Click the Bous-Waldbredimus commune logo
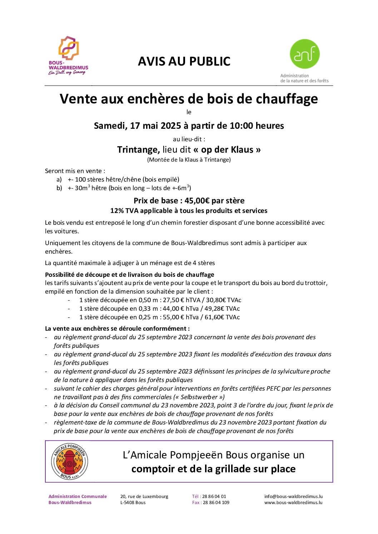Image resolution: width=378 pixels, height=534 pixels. point(68,55)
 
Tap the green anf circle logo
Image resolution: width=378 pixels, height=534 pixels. point(304,54)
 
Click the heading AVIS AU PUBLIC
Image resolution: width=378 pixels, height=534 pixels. point(184,61)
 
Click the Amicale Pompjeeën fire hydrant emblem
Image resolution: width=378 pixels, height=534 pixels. point(69,462)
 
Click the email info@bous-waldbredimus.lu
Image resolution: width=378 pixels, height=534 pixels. point(293,496)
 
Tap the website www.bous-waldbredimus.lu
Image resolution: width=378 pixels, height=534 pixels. point(293,503)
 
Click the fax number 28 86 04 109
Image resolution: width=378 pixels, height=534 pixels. point(216,503)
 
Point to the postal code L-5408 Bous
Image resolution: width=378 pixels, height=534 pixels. point(133,503)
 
